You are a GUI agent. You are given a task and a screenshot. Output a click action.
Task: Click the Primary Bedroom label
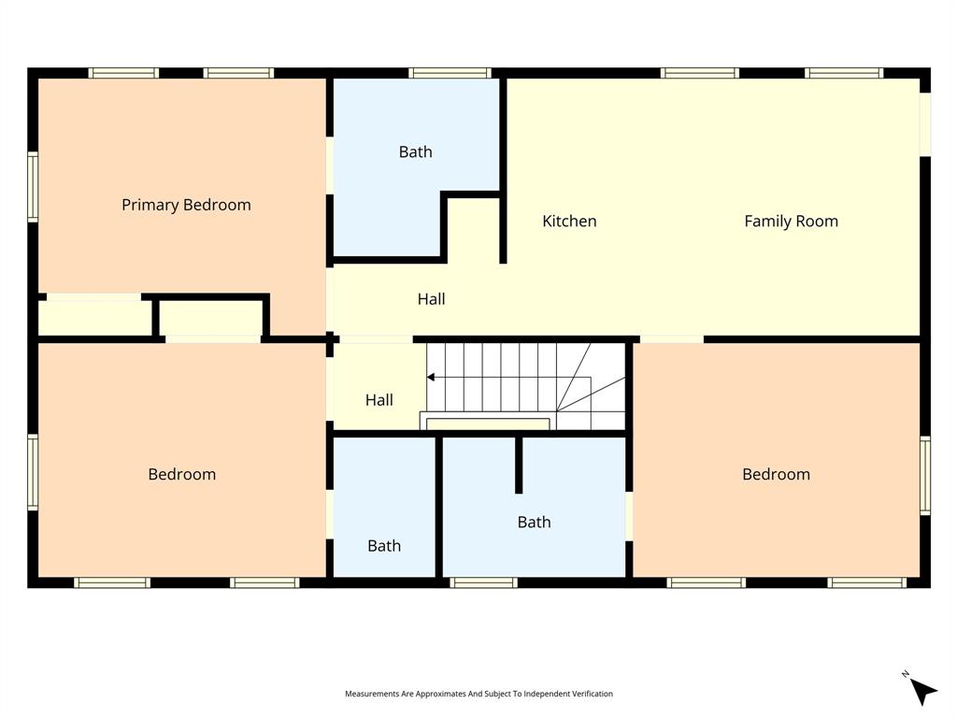click(x=186, y=205)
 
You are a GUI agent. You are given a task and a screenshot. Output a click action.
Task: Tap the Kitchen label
click(x=569, y=222)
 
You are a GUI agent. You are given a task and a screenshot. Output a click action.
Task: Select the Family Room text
click(x=791, y=222)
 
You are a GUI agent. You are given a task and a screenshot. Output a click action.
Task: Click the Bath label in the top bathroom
click(x=416, y=151)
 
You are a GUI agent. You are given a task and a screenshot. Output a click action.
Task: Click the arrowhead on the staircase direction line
click(x=431, y=378)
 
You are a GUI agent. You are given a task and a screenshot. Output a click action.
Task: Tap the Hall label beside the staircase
click(x=379, y=400)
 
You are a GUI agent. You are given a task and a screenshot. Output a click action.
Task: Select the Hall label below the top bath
click(x=431, y=299)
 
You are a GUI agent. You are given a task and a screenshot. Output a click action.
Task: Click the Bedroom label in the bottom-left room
click(x=181, y=474)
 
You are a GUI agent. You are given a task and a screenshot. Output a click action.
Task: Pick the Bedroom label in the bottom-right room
click(x=776, y=474)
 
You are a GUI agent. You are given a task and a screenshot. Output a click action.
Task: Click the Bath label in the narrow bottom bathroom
click(x=384, y=546)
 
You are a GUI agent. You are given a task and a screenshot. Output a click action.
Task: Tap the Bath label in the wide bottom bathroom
click(x=534, y=523)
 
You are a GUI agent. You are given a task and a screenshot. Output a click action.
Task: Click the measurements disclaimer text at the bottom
click(x=478, y=694)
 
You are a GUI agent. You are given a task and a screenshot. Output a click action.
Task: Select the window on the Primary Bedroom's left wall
click(x=33, y=188)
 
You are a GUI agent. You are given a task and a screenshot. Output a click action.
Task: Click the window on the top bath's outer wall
click(x=450, y=73)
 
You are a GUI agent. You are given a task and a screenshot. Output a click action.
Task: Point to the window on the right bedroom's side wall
click(x=925, y=476)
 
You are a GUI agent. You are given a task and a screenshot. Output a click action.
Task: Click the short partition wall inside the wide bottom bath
click(x=519, y=464)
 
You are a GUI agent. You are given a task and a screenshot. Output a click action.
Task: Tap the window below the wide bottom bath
click(x=483, y=582)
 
